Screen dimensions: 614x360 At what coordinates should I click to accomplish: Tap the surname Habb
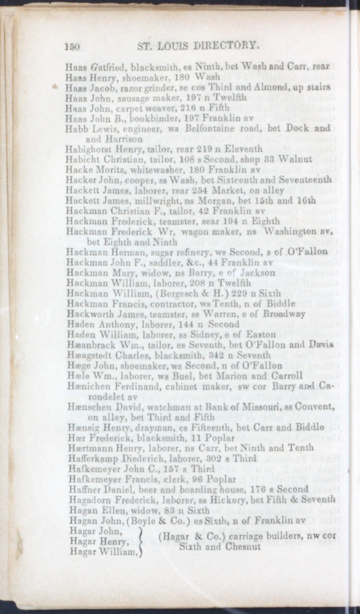(x=74, y=128)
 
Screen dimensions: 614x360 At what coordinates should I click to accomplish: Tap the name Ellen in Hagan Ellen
(x=108, y=509)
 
